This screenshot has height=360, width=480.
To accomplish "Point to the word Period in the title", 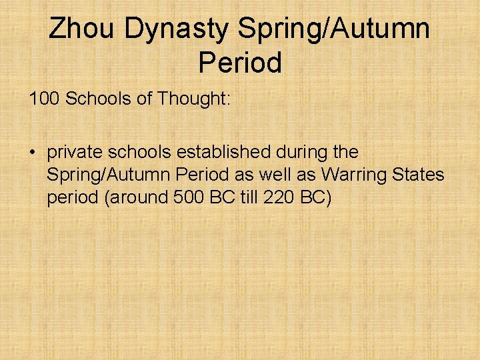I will pos(240,63).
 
